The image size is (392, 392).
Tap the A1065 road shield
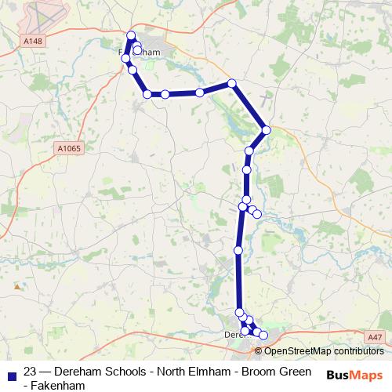click(x=68, y=147)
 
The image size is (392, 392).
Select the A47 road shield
click(x=375, y=336)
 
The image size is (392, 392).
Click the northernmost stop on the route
click(x=131, y=35)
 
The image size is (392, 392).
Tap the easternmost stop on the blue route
click(x=267, y=130)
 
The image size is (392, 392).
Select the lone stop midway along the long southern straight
click(x=238, y=251)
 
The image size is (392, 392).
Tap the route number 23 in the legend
click(x=31, y=371)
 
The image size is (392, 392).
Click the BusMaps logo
click(x=354, y=374)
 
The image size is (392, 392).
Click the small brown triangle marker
click(x=16, y=287)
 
